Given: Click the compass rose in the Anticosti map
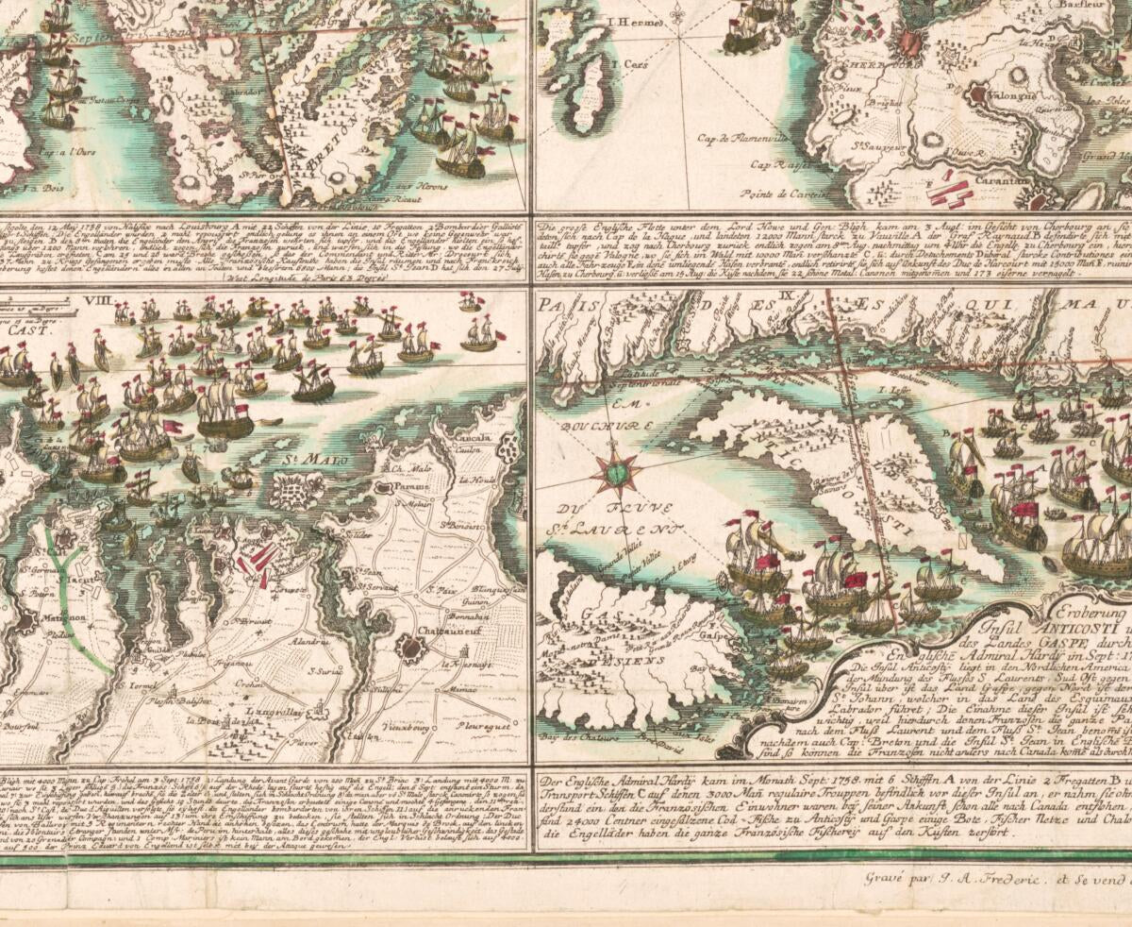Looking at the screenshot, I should click(x=615, y=469).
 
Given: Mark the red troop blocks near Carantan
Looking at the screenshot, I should click(x=950, y=192).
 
